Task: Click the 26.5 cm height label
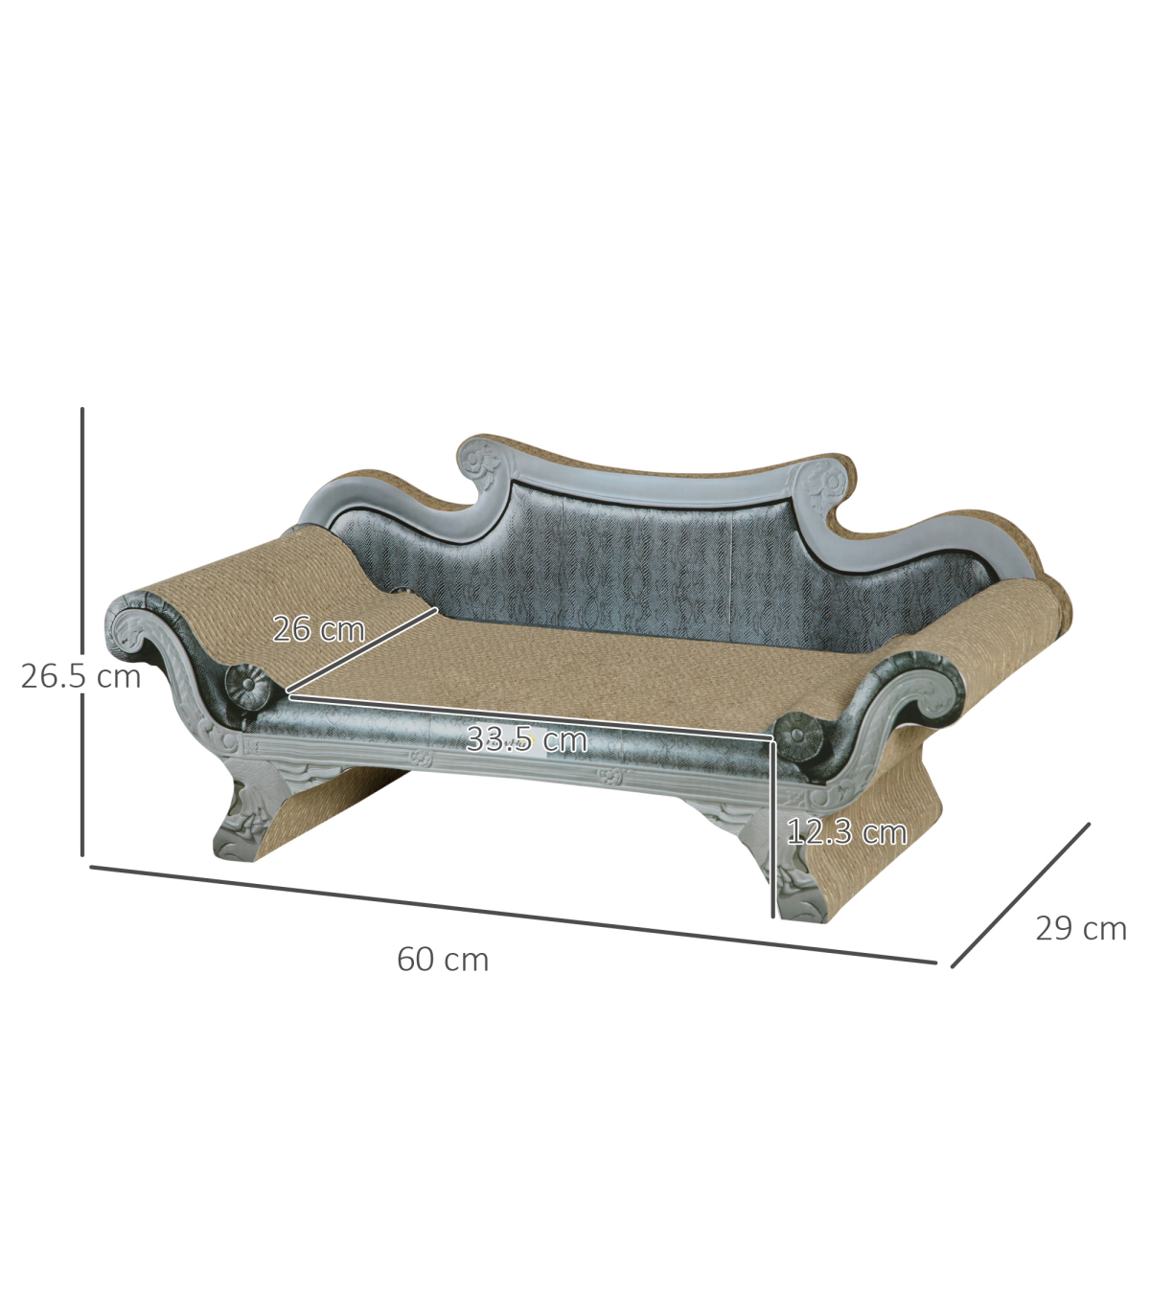point(80,677)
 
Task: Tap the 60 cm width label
point(443,960)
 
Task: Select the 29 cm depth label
point(1081,929)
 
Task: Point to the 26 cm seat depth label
point(319,628)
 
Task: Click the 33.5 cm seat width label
point(526,739)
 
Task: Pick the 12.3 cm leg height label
point(847,831)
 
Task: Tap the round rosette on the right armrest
point(797,736)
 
